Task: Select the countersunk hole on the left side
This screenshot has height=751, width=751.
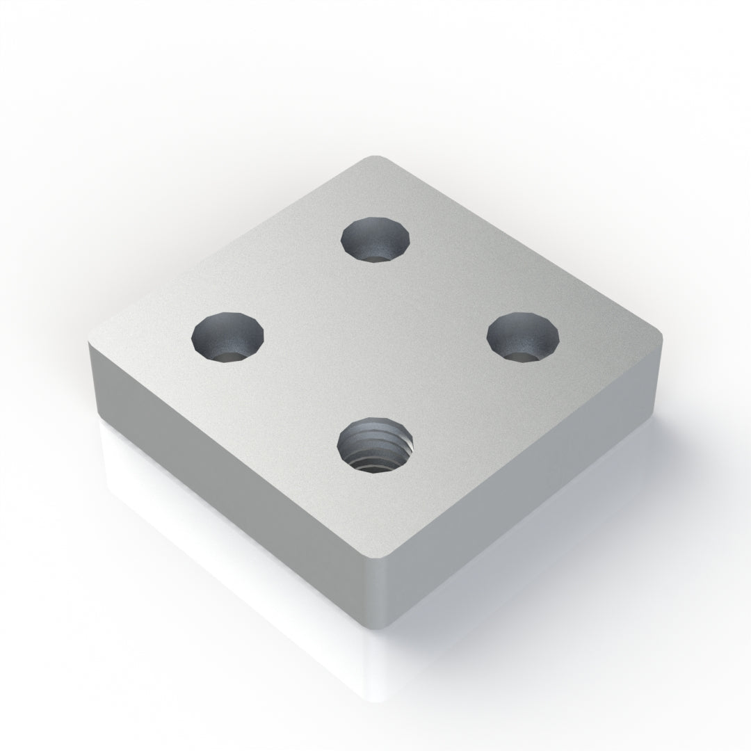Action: pos(228,337)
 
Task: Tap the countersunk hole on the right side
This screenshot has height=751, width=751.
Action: pos(523,337)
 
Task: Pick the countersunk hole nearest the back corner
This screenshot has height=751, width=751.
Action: pos(375,239)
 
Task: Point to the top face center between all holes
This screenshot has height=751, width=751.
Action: pos(375,341)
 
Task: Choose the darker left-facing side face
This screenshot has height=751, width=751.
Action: pos(229,480)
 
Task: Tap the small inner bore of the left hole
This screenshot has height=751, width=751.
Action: pos(229,355)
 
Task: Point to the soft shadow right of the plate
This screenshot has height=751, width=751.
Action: pos(626,501)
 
